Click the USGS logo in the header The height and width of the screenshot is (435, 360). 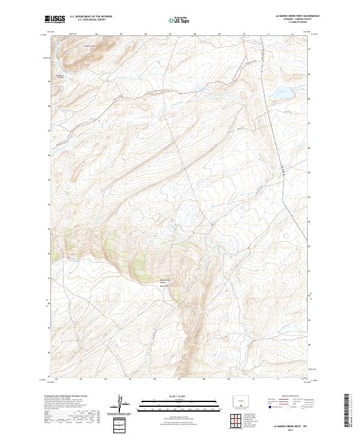[x=55, y=20]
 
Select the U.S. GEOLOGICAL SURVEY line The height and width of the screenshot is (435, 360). [x=90, y=20]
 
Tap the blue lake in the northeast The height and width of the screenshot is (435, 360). [x=282, y=93]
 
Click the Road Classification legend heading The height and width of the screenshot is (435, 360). [x=286, y=397]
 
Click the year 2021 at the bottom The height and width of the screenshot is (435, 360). [x=287, y=428]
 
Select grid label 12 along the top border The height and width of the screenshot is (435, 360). [x=292, y=34]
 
